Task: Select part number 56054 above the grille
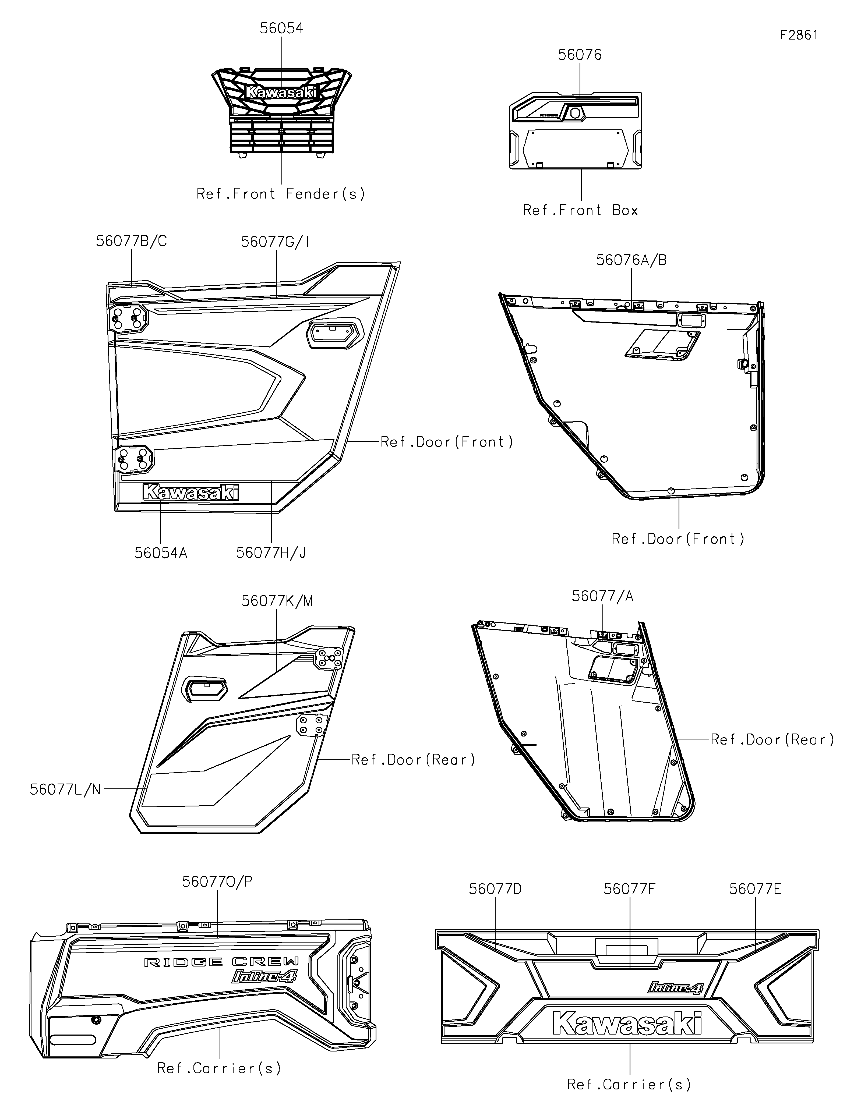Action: click(281, 29)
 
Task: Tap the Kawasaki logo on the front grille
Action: click(281, 93)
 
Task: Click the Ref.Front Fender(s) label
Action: click(281, 194)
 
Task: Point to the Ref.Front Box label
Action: click(580, 210)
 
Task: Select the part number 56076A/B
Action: click(631, 260)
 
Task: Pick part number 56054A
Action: click(161, 553)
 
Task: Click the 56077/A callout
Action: click(602, 596)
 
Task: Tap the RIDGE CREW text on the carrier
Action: click(221, 962)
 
